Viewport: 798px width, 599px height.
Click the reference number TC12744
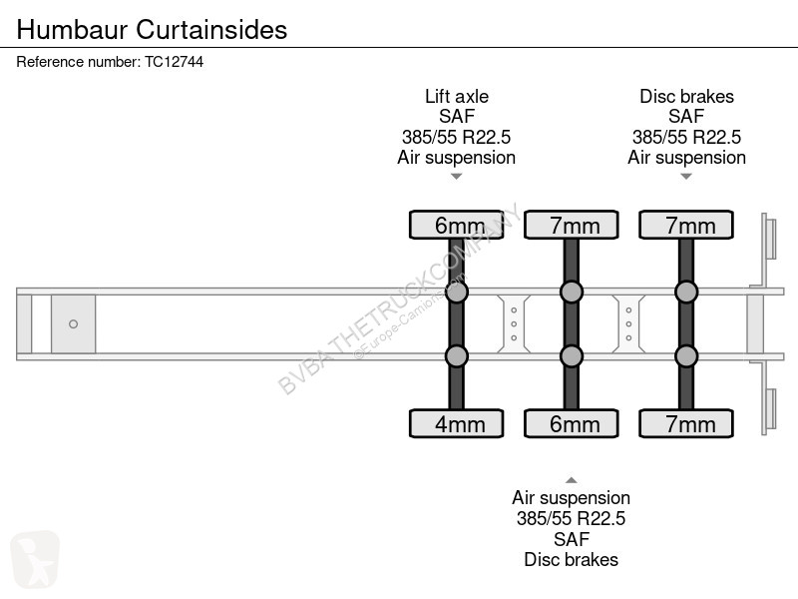pyautogui.click(x=174, y=62)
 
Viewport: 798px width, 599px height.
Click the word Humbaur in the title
pyautogui.click(x=72, y=29)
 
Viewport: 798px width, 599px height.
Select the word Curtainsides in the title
pyautogui.click(x=211, y=29)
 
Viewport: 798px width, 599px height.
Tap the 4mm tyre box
pyautogui.click(x=457, y=423)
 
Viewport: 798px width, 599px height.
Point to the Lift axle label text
pyautogui.click(x=457, y=96)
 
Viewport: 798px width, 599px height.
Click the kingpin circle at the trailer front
pyautogui.click(x=73, y=323)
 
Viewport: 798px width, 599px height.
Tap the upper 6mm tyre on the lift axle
pyautogui.click(x=457, y=225)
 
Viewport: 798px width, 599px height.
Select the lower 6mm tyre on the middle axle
pyautogui.click(x=572, y=423)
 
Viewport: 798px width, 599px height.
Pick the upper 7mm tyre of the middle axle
pyautogui.click(x=572, y=225)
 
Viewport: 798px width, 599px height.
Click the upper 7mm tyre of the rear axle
pyautogui.click(x=686, y=225)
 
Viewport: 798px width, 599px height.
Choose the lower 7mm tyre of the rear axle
pyautogui.click(x=686, y=423)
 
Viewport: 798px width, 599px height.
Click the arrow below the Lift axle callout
pyautogui.click(x=457, y=177)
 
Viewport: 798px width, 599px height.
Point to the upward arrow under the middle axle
pyautogui.click(x=572, y=480)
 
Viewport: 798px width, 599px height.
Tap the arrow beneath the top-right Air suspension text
pyautogui.click(x=686, y=177)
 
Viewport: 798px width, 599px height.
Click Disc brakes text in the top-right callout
pyautogui.click(x=686, y=96)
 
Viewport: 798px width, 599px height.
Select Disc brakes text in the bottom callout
pyautogui.click(x=571, y=559)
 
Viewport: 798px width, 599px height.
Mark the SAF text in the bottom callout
pyautogui.click(x=572, y=539)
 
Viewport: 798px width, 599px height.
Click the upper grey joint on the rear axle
pyautogui.click(x=686, y=292)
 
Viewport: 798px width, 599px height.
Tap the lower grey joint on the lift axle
pyautogui.click(x=457, y=356)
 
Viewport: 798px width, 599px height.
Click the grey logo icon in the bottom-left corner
pyautogui.click(x=35, y=559)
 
